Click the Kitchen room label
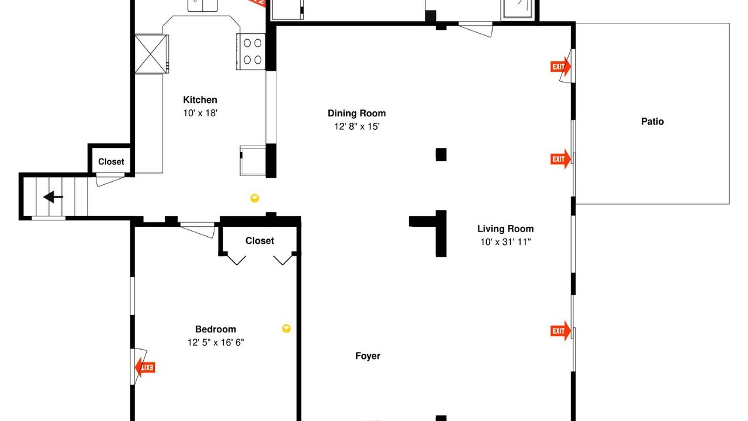point(200,99)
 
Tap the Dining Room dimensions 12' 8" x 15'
point(357,127)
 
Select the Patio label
point(653,121)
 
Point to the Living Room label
point(505,229)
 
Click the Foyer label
point(368,356)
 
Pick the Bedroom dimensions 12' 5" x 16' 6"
point(216,343)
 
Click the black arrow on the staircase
point(53,197)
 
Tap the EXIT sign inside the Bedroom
point(145,368)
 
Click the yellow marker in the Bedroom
point(286,329)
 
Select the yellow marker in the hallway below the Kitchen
point(254,198)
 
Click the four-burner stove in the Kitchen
point(251,51)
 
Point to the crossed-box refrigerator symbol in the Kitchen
point(151,54)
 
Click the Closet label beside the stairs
point(111,162)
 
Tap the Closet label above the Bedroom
point(259,240)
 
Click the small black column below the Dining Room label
point(441,154)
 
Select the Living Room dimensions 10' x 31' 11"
point(505,242)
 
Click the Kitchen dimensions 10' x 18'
point(200,113)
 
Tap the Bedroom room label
point(216,329)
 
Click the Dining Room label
point(356,113)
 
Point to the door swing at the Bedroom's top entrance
point(198,230)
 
